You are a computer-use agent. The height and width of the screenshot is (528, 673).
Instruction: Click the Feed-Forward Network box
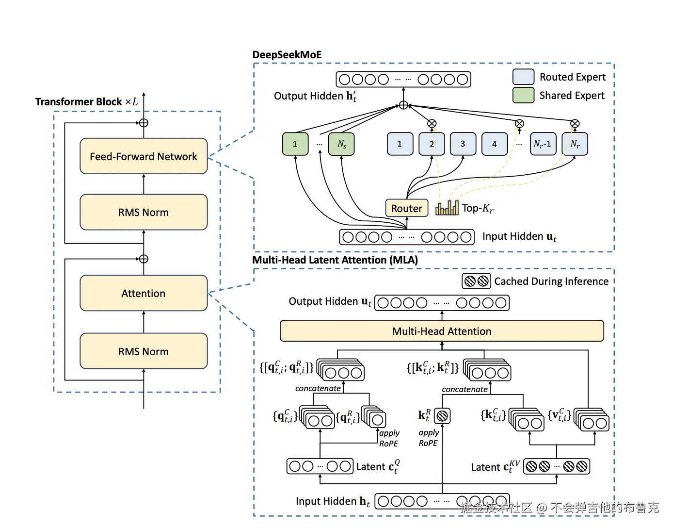click(x=144, y=156)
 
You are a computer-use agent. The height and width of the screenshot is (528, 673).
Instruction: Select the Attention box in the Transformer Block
click(x=144, y=293)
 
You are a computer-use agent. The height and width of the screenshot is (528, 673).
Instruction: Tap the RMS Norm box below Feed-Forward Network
click(x=144, y=212)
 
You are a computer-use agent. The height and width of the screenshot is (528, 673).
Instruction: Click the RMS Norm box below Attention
click(x=144, y=351)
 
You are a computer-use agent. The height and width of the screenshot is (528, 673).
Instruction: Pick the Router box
click(x=407, y=208)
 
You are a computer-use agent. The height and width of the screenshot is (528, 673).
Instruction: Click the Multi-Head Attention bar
click(x=442, y=331)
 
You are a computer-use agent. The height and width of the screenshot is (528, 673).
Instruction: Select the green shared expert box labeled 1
click(x=295, y=144)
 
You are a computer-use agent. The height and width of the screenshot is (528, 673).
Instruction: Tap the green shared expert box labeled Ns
click(x=341, y=144)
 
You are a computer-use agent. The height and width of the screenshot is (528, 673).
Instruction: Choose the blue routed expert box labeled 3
click(x=463, y=144)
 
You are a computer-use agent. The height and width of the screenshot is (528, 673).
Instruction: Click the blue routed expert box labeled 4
click(x=494, y=144)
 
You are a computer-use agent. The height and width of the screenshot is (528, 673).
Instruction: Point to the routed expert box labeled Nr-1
click(x=543, y=144)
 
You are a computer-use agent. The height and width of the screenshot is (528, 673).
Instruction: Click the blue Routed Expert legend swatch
click(x=523, y=77)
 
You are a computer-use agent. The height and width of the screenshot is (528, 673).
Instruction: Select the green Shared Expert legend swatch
click(x=523, y=95)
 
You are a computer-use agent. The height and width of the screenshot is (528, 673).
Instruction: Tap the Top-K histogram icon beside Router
click(x=447, y=208)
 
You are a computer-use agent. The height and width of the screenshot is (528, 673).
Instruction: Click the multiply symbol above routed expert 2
click(x=432, y=124)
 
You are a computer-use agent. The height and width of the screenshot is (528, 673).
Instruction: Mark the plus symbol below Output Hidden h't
click(x=403, y=105)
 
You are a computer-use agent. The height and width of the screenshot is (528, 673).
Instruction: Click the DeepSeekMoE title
click(x=287, y=55)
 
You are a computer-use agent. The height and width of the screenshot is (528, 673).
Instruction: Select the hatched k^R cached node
click(x=442, y=416)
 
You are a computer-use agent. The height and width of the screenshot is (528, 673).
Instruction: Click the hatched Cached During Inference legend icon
click(x=476, y=281)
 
